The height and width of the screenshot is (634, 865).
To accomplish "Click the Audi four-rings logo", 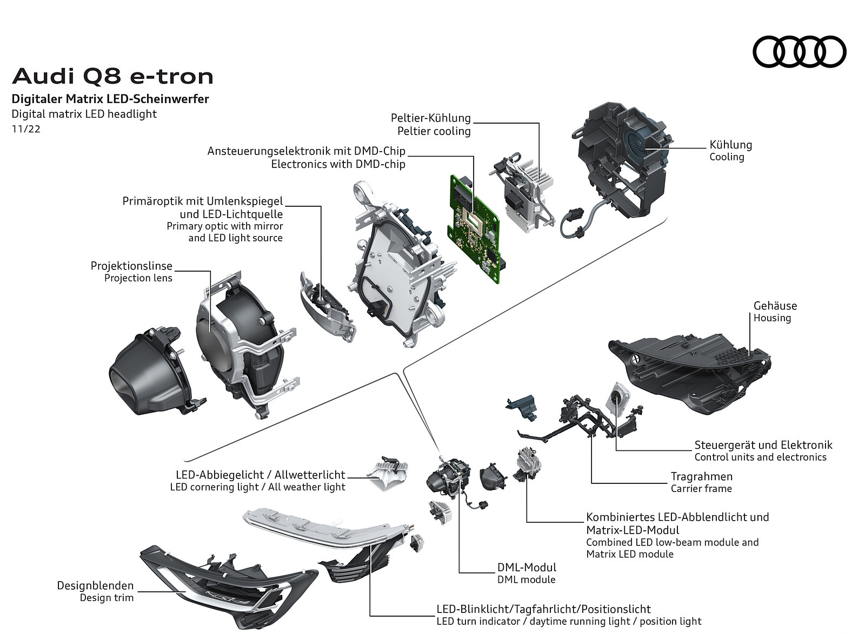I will click(x=799, y=52).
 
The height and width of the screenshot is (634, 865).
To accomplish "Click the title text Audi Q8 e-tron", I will click(x=113, y=77).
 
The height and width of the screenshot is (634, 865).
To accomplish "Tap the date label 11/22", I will click(x=26, y=130).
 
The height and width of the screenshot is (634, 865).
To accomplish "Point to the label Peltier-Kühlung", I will click(x=431, y=118).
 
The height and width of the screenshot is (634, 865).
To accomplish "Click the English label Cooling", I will click(x=727, y=157).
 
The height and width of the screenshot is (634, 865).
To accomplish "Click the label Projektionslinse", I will click(x=131, y=266).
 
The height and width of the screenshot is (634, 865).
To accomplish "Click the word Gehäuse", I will click(x=775, y=306).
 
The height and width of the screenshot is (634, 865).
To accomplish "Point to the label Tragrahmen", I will click(x=701, y=476).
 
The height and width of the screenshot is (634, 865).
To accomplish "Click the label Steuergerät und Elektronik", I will click(x=763, y=445).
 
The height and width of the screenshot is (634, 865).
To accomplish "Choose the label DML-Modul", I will click(x=527, y=567).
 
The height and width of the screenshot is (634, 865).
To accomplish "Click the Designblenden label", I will click(x=95, y=585).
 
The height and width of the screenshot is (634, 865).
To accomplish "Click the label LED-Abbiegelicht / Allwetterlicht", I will click(x=260, y=475).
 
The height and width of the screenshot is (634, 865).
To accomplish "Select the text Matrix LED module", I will click(x=629, y=554).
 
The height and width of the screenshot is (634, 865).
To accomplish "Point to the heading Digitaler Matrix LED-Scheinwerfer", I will click(x=110, y=99).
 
